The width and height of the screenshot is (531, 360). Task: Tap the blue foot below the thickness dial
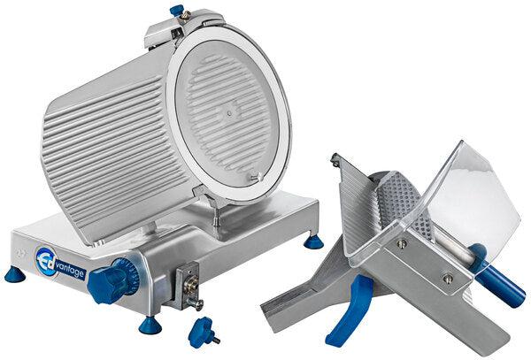click(x=150, y=325)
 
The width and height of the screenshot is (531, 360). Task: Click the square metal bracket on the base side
click(x=188, y=283)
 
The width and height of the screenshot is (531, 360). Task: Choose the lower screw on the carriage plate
click(x=447, y=279)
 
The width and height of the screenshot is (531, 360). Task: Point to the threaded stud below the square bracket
click(x=196, y=306)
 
